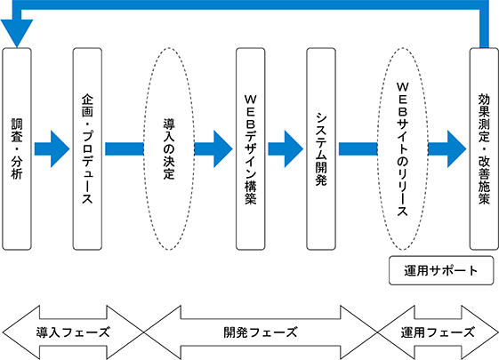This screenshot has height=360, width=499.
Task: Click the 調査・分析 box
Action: (x=17, y=148)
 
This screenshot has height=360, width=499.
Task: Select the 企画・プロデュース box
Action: (x=87, y=148)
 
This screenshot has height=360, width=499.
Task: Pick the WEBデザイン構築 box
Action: (x=251, y=148)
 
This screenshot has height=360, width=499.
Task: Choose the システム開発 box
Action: (x=321, y=148)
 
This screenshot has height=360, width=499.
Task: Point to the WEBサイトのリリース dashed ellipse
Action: (x=377, y=148)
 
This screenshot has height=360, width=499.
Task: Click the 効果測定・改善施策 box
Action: (x=484, y=148)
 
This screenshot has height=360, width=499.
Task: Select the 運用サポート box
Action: (x=441, y=270)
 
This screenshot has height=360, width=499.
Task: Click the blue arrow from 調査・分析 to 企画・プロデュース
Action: (x=52, y=148)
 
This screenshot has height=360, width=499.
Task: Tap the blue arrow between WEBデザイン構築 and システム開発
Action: (x=286, y=148)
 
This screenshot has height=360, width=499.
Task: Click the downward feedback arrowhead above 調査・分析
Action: (x=17, y=32)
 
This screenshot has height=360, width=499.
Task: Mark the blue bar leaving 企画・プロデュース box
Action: (x=125, y=148)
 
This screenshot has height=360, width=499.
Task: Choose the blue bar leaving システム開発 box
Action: (x=358, y=148)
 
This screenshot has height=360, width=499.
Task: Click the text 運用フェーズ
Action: (x=438, y=332)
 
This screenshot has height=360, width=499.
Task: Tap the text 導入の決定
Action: (x=169, y=148)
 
